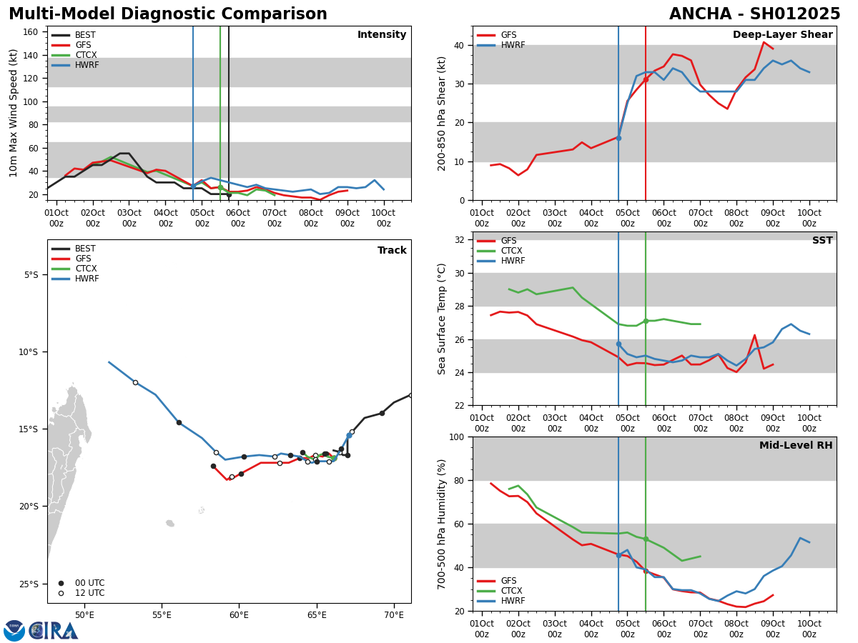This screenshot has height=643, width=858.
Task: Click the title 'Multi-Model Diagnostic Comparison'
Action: click(168, 14)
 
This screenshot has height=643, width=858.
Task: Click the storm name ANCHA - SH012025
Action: click(754, 14)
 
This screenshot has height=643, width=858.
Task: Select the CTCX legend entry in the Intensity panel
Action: click(85, 55)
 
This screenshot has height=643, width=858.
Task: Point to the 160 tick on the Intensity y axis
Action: click(31, 32)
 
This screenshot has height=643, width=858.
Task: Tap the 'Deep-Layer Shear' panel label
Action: click(782, 35)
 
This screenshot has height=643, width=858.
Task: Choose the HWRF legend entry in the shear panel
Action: click(512, 45)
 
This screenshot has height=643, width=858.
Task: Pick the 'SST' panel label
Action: click(822, 241)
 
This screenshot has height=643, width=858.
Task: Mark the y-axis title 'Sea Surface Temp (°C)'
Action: click(443, 319)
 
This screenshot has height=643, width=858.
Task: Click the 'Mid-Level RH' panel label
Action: click(795, 446)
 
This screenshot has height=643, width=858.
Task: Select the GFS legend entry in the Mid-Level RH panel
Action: click(508, 581)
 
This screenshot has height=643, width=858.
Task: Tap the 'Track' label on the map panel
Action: click(392, 251)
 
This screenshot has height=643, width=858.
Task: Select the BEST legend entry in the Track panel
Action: click(85, 249)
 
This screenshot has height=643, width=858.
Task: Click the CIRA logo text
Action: click(54, 631)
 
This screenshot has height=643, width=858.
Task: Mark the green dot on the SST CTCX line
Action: click(646, 321)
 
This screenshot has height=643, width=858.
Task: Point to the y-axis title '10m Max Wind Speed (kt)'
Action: click(13, 113)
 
